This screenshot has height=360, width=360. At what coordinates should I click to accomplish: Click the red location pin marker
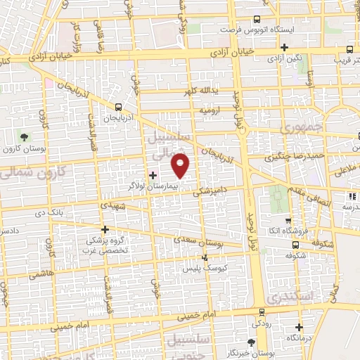coord(181,165)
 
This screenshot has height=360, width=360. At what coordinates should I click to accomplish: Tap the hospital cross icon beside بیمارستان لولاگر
coord(153,174)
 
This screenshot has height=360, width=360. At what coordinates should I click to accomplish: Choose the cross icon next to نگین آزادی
coord(283,66)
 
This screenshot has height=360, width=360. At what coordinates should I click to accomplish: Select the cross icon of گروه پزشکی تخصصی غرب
coord(105,229)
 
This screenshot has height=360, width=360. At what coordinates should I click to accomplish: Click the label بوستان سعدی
coord(217,242)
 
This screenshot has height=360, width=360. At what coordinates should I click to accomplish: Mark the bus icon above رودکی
coord(262,311)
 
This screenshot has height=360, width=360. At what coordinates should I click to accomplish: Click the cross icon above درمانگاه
coord(300,326)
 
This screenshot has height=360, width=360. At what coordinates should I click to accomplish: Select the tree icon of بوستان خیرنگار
coord(252,342)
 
